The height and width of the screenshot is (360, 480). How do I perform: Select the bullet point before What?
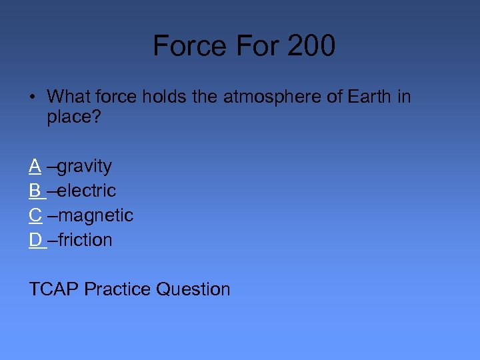(33, 97)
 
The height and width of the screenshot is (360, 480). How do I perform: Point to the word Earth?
(366, 97)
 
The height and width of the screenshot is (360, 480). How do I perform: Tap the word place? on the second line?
(73, 118)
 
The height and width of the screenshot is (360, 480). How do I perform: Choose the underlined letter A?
(35, 165)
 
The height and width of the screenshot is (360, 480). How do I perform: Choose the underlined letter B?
(35, 191)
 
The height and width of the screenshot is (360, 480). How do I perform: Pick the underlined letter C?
(35, 215)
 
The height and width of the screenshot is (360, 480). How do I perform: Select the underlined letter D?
(35, 240)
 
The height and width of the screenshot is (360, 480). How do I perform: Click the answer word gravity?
(85, 166)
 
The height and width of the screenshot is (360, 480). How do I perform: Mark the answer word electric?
(87, 191)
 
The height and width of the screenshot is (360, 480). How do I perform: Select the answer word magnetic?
(95, 215)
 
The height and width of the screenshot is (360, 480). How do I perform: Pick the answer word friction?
(85, 240)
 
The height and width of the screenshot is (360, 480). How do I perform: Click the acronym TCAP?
(54, 289)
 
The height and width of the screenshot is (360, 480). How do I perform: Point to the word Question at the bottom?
(193, 289)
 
